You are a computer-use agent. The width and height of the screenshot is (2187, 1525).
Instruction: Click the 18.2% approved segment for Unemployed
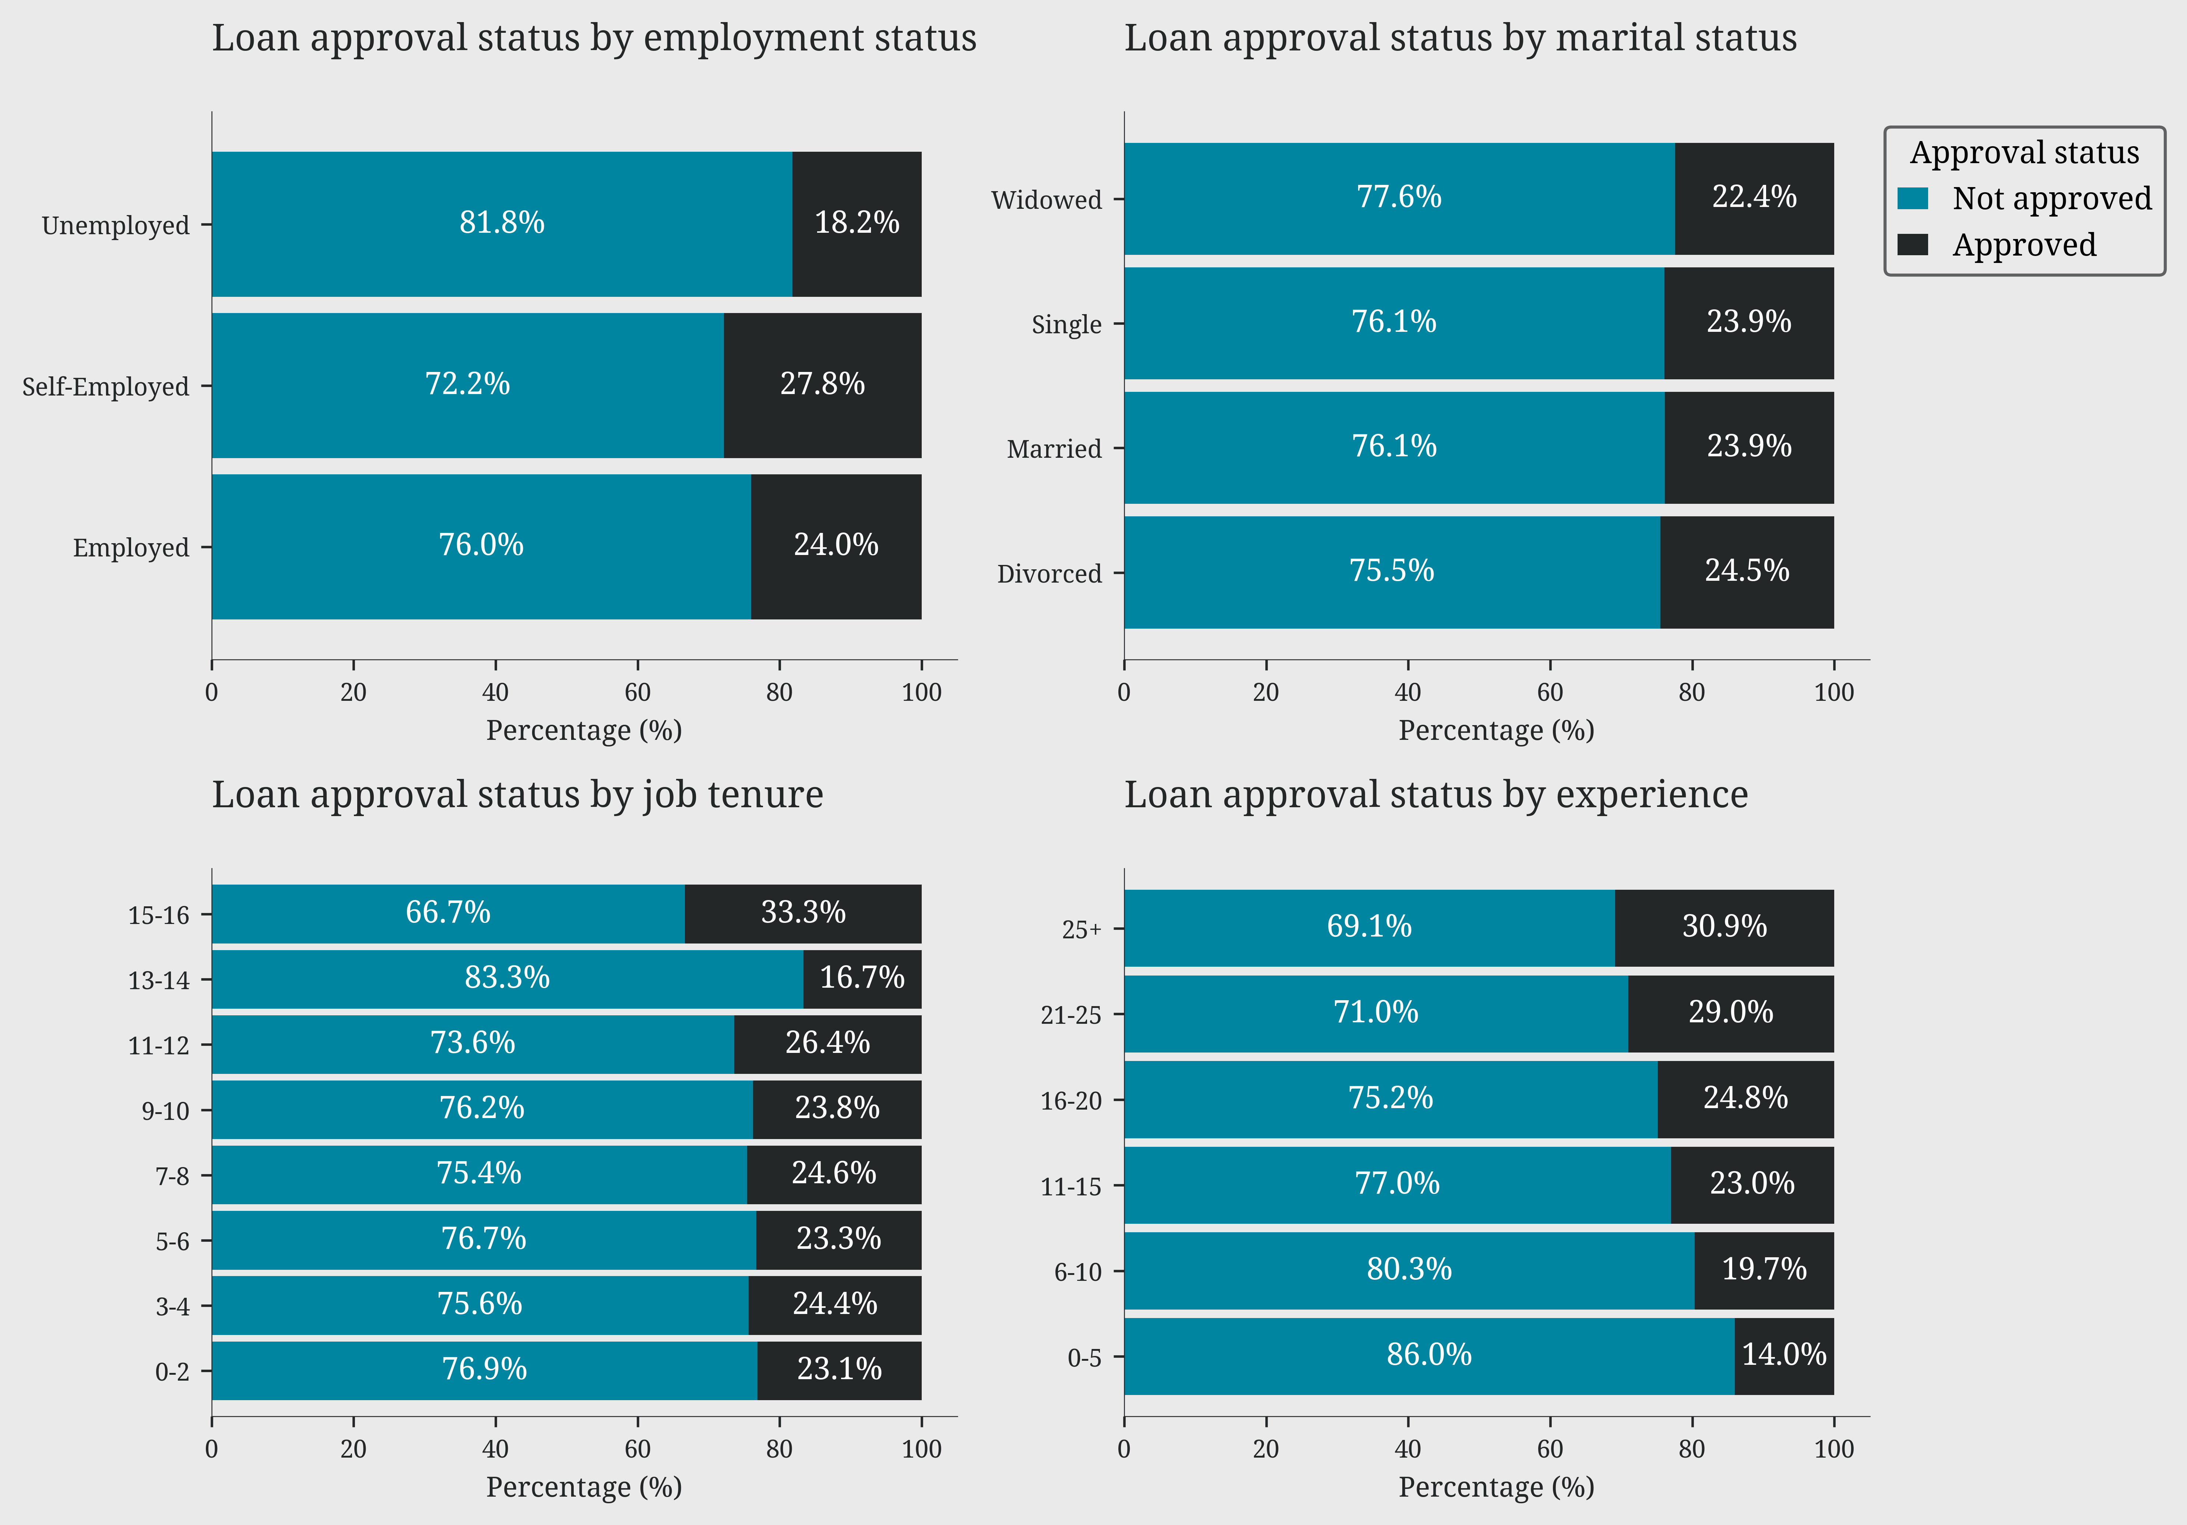pyautogui.click(x=856, y=224)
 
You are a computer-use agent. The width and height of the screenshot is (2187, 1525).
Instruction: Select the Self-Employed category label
pyautogui.click(x=106, y=387)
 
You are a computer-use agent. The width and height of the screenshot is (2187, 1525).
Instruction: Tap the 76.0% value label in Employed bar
pyautogui.click(x=481, y=545)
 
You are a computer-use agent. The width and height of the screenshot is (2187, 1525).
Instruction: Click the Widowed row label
pyautogui.click(x=1046, y=200)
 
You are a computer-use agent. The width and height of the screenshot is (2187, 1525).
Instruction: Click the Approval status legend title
pyautogui.click(x=2024, y=152)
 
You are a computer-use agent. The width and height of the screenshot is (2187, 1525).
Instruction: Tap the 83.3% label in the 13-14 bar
pyautogui.click(x=507, y=978)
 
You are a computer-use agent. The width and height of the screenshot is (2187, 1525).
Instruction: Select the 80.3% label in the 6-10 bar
pyautogui.click(x=1409, y=1270)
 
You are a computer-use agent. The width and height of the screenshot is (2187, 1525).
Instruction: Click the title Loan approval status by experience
pyautogui.click(x=1435, y=794)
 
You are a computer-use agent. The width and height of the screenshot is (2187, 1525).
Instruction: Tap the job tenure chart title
pyautogui.click(x=517, y=794)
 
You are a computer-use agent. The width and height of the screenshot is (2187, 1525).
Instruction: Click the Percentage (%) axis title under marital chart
pyautogui.click(x=1495, y=731)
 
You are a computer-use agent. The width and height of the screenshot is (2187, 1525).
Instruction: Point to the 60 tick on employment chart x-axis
pyautogui.click(x=637, y=692)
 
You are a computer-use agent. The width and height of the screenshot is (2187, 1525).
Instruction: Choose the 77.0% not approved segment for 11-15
pyautogui.click(x=1396, y=1184)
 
